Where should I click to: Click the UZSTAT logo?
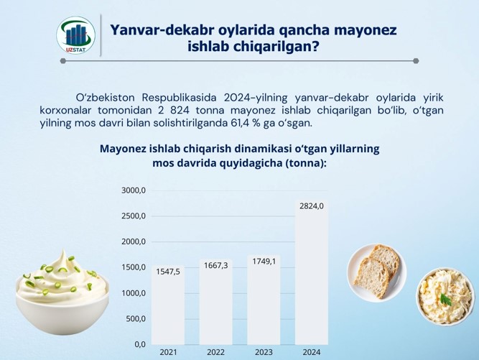pos(75,35)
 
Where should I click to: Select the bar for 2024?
pos(312,272)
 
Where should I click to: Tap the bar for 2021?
pos(168,305)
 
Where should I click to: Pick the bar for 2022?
pos(216,303)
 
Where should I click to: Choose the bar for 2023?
pos(264,300)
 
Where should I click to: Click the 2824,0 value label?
pos(312,206)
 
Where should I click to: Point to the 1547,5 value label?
pos(168,272)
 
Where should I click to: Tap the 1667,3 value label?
pos(216,266)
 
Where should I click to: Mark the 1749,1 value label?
pos(264,262)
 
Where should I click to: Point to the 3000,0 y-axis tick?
pos(134,190)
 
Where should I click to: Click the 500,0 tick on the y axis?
pos(136,319)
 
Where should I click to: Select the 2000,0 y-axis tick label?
pos(134,241)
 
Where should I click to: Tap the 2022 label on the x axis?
pos(216,352)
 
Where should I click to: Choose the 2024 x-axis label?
pos(312,352)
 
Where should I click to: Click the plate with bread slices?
pos(376,272)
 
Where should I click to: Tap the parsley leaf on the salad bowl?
pos(446,299)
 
